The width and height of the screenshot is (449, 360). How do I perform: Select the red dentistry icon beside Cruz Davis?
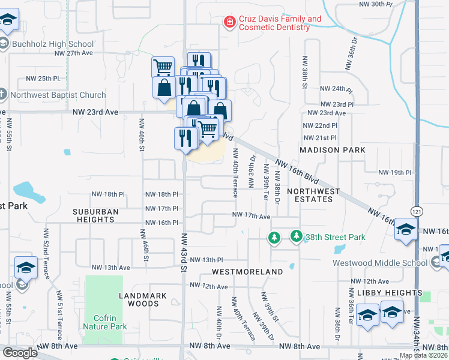pyautogui.click(x=229, y=23)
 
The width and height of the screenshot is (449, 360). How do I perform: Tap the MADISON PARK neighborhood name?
pyautogui.click(x=333, y=149)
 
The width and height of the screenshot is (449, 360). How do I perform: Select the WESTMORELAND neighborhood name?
pyautogui.click(x=247, y=272)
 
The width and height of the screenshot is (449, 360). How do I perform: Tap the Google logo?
pyautogui.click(x=20, y=352)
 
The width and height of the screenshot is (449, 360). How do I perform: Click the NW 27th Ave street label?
pyautogui.click(x=79, y=53)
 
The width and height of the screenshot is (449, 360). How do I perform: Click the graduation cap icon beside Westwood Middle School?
pyautogui.click(x=406, y=230)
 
